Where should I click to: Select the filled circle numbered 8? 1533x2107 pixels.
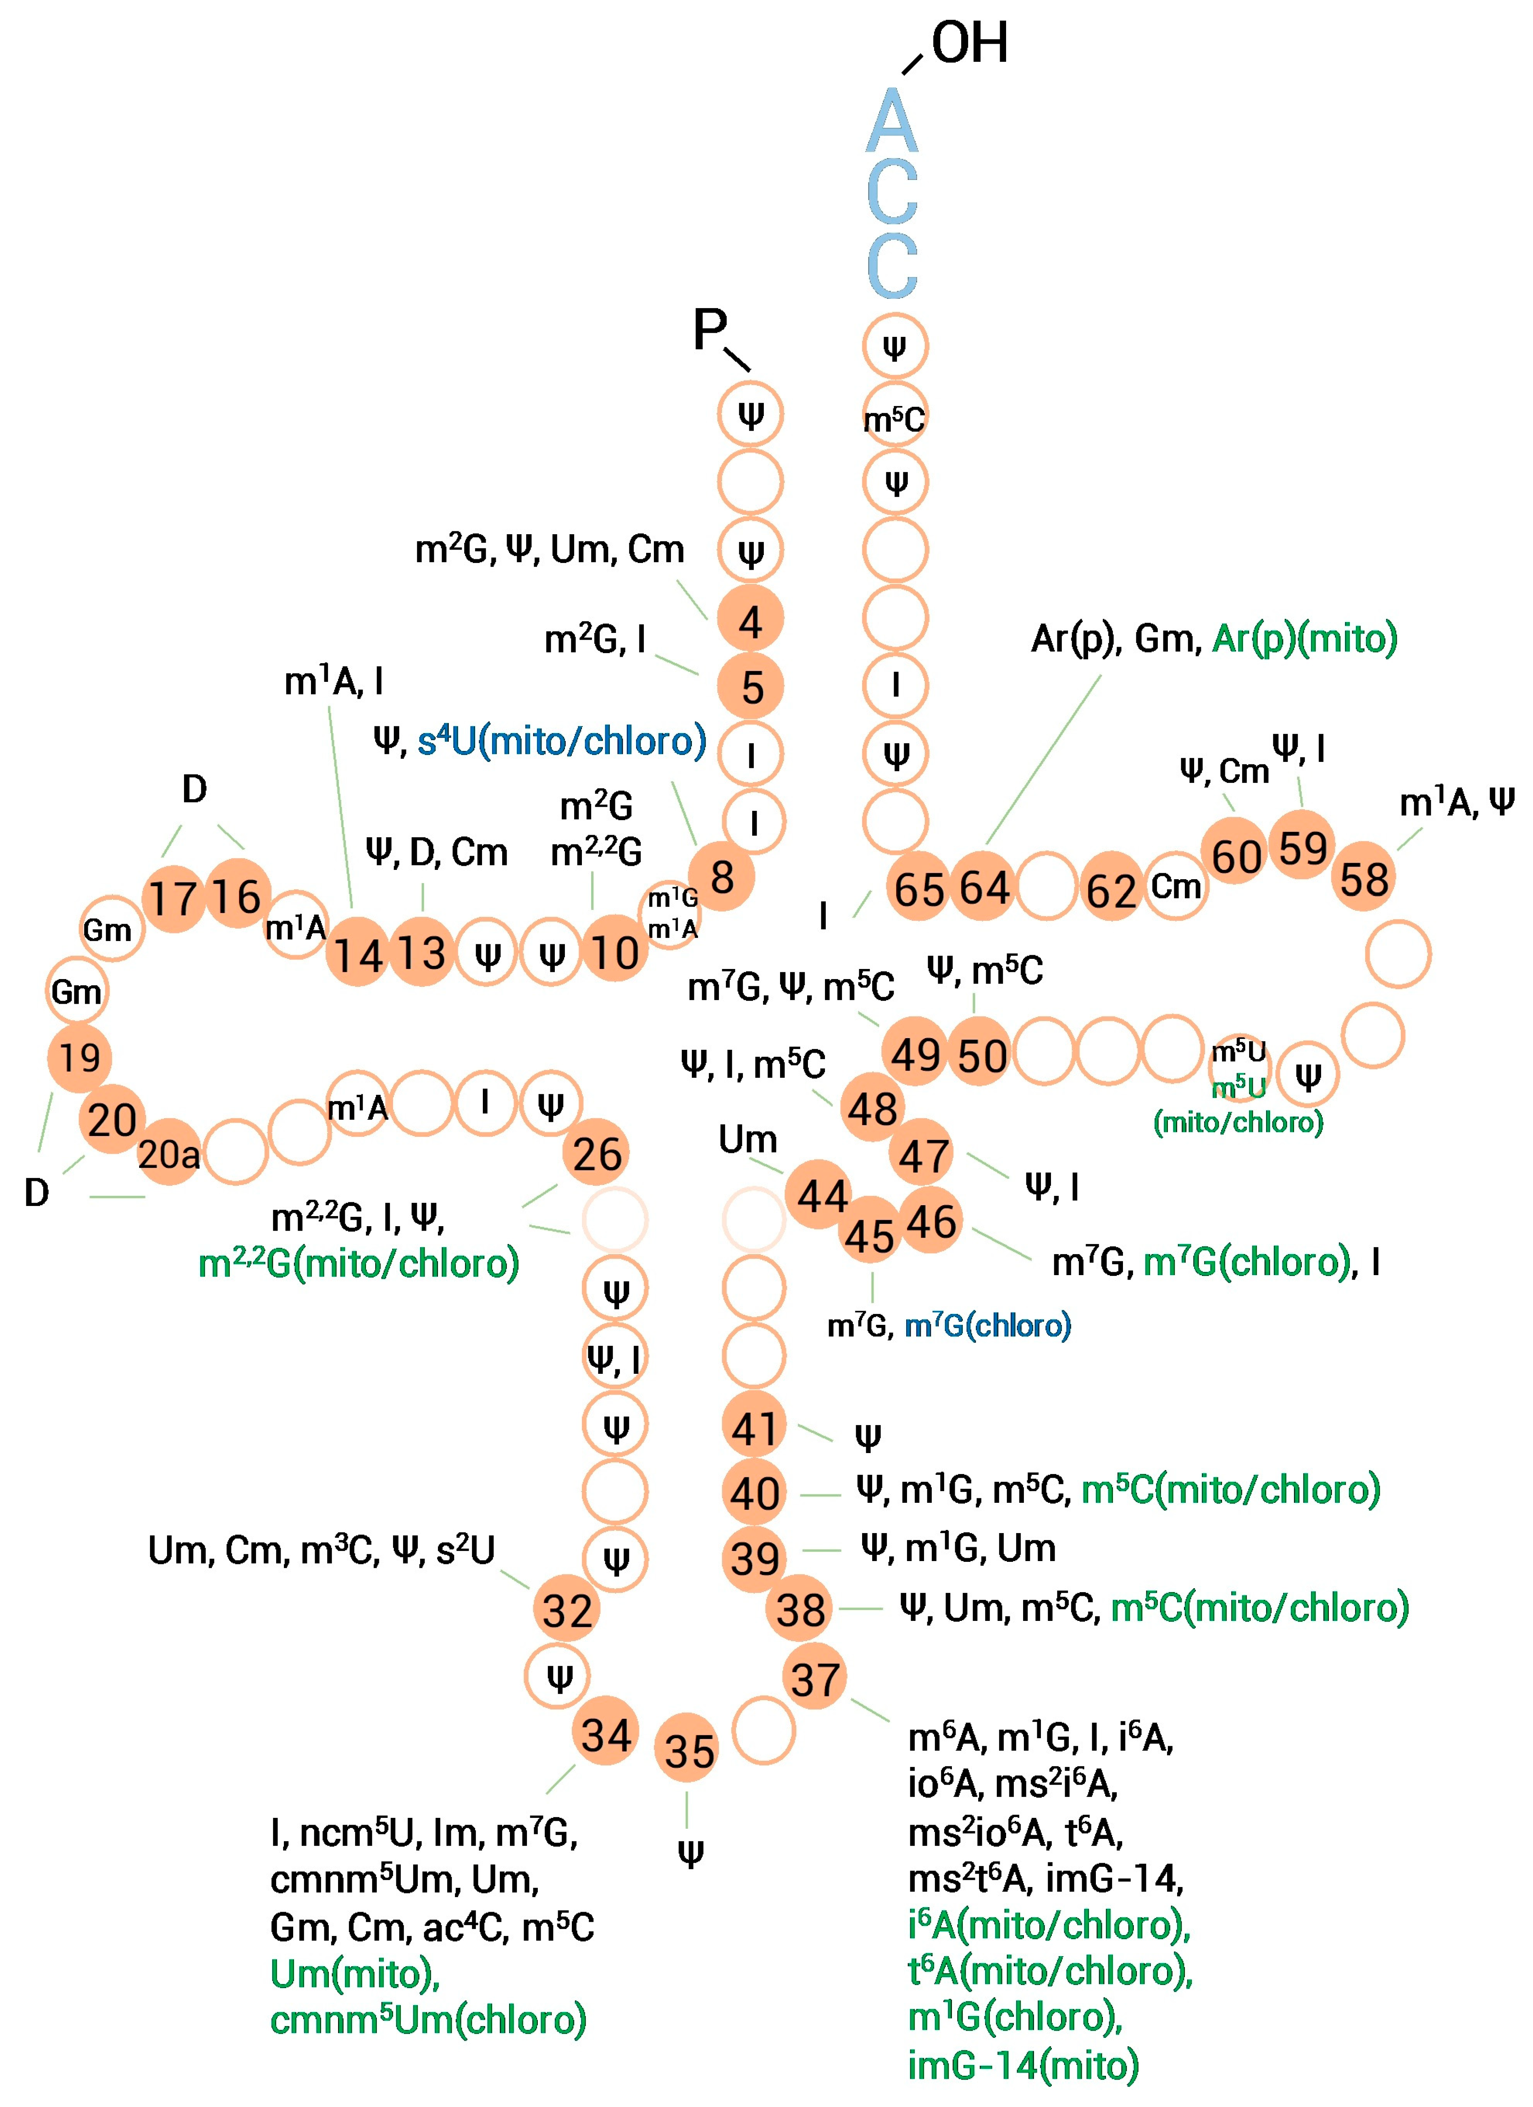point(722,876)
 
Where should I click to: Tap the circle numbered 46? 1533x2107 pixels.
point(931,1221)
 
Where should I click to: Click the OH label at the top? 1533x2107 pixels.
point(969,44)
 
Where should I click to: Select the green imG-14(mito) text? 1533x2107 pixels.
point(1023,2064)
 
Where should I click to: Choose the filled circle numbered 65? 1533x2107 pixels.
point(919,888)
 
